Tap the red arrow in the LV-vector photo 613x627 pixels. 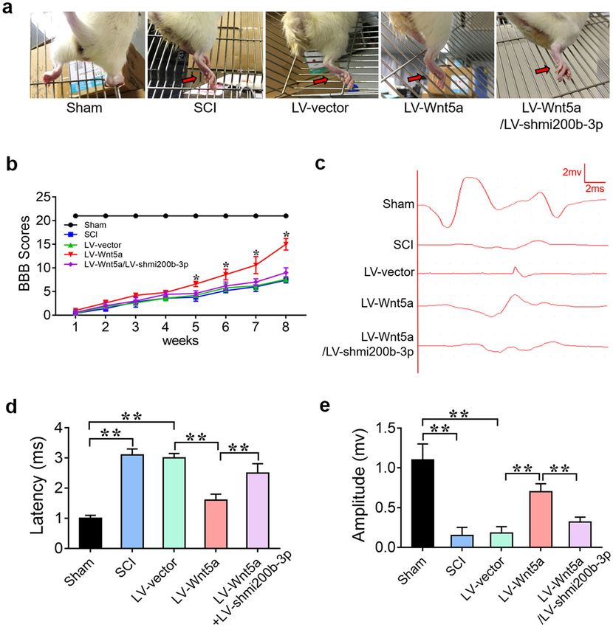coord(321,79)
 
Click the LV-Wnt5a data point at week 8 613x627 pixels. coord(285,244)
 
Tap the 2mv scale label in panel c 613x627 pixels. coord(571,172)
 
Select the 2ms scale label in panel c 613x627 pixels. coord(595,189)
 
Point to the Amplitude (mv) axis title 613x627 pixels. coord(360,486)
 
